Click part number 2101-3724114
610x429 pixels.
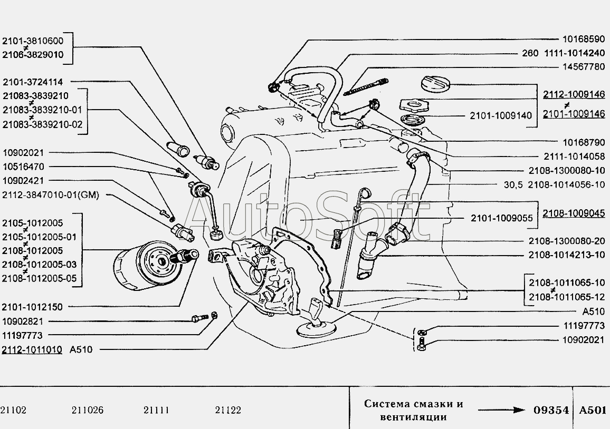click(x=33, y=82)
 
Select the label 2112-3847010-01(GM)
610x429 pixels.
click(x=51, y=195)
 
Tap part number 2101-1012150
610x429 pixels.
click(x=32, y=307)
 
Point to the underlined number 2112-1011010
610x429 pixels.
click(x=32, y=350)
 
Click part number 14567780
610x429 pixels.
click(x=584, y=67)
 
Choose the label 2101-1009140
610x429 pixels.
click(x=501, y=115)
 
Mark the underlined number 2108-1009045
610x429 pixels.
click(x=574, y=213)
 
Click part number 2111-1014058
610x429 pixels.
click(x=574, y=156)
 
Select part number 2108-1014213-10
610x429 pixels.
click(x=567, y=255)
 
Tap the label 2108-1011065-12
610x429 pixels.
click(x=567, y=297)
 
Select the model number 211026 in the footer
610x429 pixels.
click(x=88, y=411)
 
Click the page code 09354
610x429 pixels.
click(x=551, y=411)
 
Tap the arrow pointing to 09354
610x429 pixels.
click(x=502, y=411)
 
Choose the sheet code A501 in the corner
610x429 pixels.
click(x=593, y=411)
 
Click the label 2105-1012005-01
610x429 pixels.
click(x=39, y=237)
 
